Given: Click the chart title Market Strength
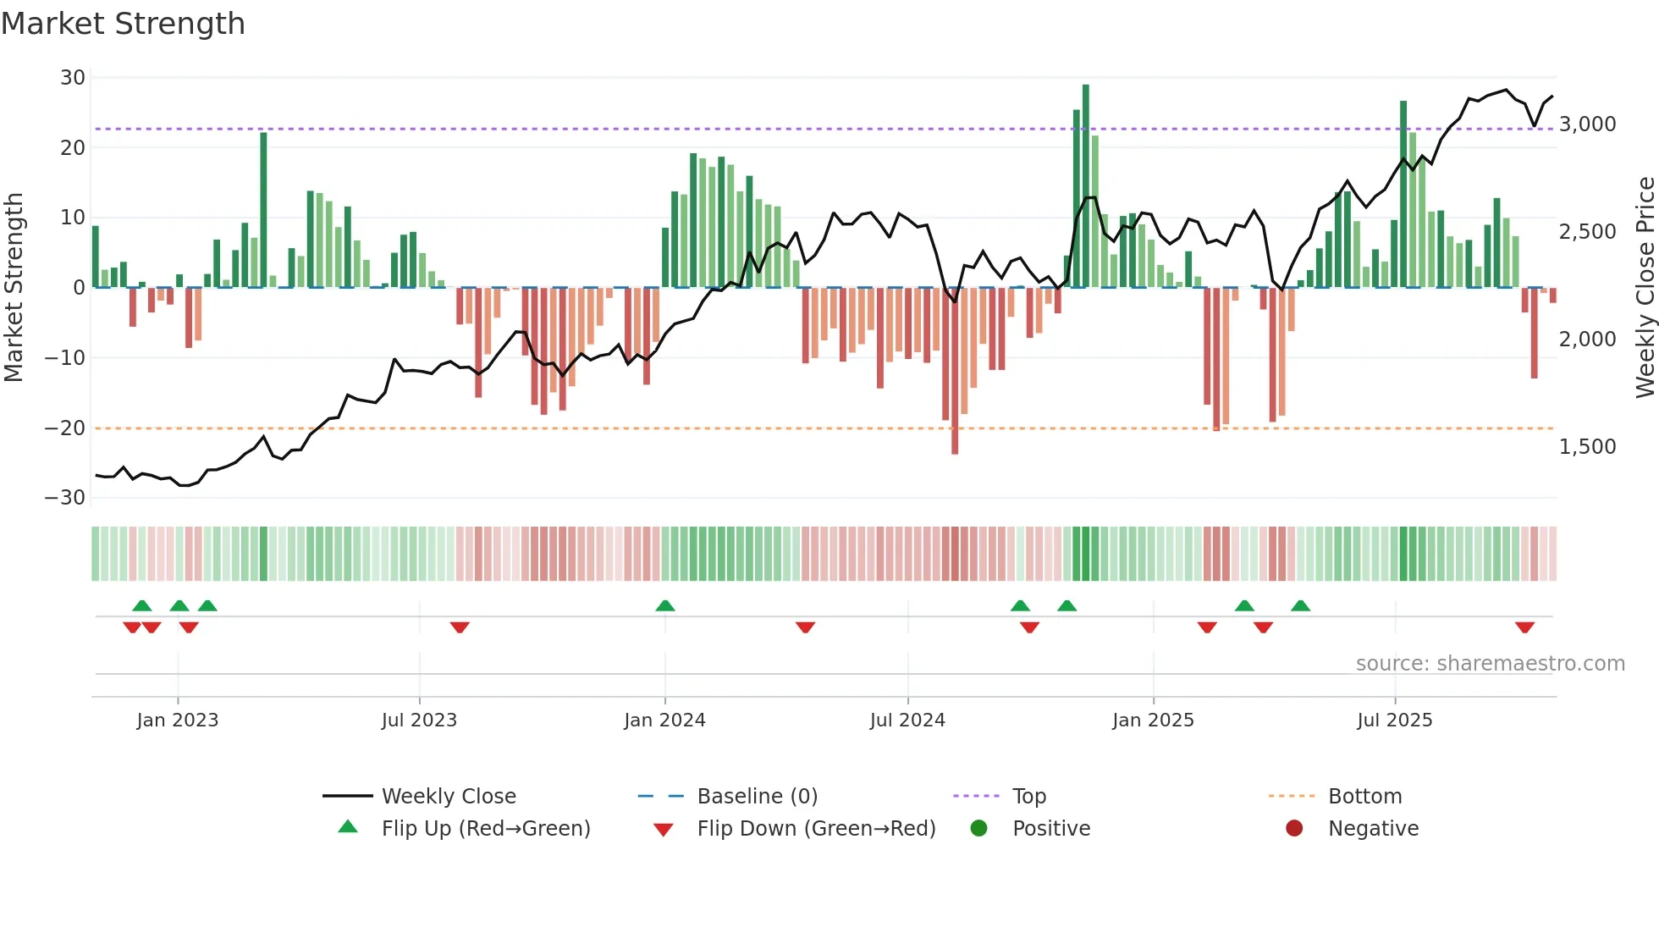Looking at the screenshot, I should click(123, 24).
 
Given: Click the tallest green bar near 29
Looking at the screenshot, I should click(1086, 186).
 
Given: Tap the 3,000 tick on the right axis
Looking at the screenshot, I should click(1587, 124).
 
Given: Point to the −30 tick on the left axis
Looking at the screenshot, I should click(65, 498).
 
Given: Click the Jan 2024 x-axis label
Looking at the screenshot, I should click(664, 720).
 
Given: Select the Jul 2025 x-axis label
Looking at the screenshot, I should click(1394, 720).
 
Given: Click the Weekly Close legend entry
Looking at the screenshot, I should click(449, 797).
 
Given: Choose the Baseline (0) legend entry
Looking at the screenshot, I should click(757, 797).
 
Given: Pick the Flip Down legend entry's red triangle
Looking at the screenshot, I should click(664, 830).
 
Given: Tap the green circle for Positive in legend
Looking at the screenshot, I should click(979, 829).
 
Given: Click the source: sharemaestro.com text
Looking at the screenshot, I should click(1490, 664).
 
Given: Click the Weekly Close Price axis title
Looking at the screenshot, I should click(1645, 288).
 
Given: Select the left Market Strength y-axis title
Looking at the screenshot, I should click(14, 288).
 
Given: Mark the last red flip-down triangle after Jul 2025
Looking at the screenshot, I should click(1524, 627).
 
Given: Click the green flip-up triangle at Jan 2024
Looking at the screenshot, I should click(665, 605).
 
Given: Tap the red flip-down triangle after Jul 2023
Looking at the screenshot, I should click(460, 627).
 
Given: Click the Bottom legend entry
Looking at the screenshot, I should click(1364, 797).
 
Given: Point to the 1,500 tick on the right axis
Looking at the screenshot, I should click(1587, 447).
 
